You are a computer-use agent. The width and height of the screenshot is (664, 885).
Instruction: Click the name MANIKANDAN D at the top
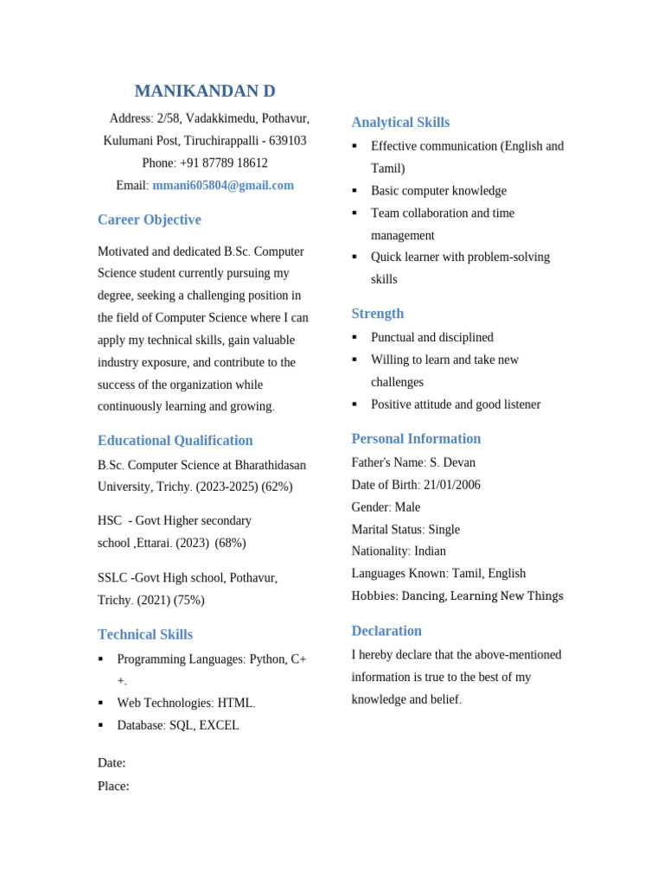coord(205,92)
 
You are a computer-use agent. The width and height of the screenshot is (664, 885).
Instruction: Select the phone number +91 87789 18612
coord(224,162)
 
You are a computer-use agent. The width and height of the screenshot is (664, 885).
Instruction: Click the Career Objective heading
coord(150,220)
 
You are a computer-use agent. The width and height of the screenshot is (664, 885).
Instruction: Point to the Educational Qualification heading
coord(176,440)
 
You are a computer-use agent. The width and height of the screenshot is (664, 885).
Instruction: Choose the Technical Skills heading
coord(145,634)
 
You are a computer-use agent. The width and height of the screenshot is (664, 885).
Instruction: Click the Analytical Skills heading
coord(400,122)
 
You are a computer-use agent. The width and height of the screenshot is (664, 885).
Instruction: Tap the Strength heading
coord(378,313)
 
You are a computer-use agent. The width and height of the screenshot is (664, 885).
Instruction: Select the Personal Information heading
coord(416,438)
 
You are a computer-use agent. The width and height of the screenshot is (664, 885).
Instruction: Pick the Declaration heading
coord(386,630)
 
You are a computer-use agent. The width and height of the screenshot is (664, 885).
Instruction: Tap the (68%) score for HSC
coord(231,543)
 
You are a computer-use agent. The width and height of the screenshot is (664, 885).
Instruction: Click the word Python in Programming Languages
coord(268,659)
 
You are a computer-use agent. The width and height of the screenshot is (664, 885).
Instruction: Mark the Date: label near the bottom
coord(112,763)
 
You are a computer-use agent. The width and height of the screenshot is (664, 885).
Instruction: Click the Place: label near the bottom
coord(114,786)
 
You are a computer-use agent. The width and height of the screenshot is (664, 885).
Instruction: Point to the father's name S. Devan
coord(452,462)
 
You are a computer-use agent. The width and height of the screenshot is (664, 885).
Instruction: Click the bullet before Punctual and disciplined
coord(354,337)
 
